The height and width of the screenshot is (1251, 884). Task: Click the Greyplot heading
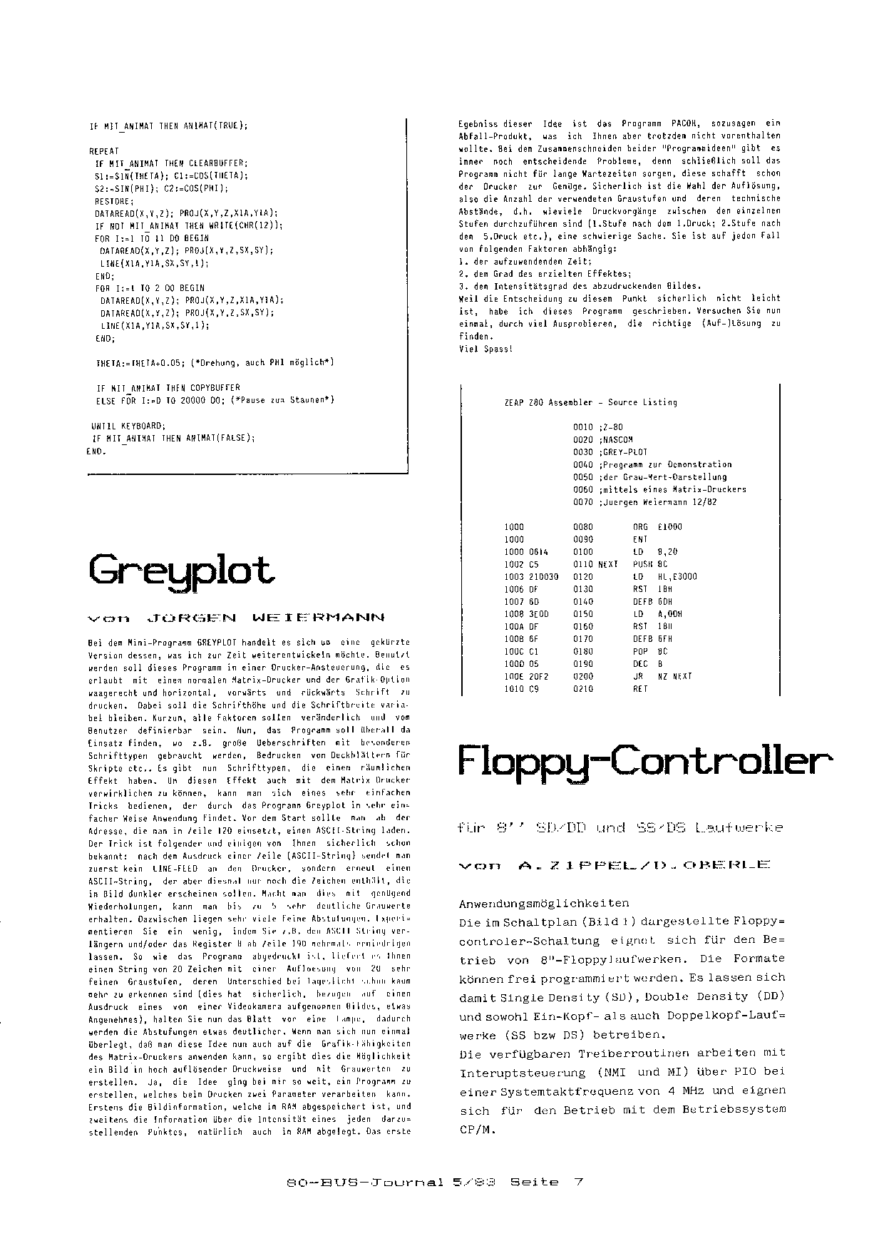pos(182,571)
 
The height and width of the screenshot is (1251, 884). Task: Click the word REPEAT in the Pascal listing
pos(104,151)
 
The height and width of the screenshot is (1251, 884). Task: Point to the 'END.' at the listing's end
pos(96,451)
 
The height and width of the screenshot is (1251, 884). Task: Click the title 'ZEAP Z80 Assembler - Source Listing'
pos(590,402)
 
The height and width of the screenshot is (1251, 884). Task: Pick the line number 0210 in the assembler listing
pos(582,689)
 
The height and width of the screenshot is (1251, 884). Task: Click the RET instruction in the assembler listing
pos(639,689)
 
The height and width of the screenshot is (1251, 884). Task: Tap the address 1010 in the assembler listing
pos(513,689)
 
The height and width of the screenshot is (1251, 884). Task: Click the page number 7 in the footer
pos(578,1182)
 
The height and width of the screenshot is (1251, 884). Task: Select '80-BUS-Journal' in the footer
pos(366,1182)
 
